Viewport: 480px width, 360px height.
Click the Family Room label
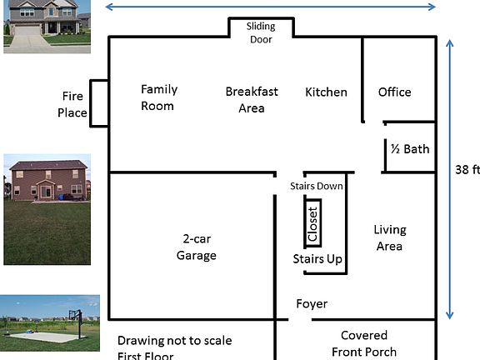coord(158,97)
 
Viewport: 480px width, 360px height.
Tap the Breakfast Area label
coord(252,99)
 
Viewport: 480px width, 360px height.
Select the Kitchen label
coord(326,92)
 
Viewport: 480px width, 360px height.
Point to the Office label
coord(394,92)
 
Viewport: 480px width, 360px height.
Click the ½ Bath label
coord(410,148)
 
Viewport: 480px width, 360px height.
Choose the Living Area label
coord(388,237)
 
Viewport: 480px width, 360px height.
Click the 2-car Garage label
coord(196,247)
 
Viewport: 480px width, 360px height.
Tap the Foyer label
coord(312,303)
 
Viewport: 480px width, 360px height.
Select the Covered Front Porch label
coord(364,343)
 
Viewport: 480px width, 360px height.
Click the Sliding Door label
coord(261,32)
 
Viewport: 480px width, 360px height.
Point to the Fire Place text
coord(72,104)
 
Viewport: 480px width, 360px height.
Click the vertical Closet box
coord(313,222)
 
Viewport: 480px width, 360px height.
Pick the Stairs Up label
coord(317,259)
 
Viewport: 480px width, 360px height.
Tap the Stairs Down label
coord(317,186)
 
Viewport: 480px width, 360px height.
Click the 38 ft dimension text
coord(467,169)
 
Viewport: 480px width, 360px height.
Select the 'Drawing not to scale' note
coord(174,340)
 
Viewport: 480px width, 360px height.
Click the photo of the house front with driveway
coord(47,26)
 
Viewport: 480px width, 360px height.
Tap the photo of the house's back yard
coord(47,208)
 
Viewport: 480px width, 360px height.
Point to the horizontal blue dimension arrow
coord(271,7)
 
